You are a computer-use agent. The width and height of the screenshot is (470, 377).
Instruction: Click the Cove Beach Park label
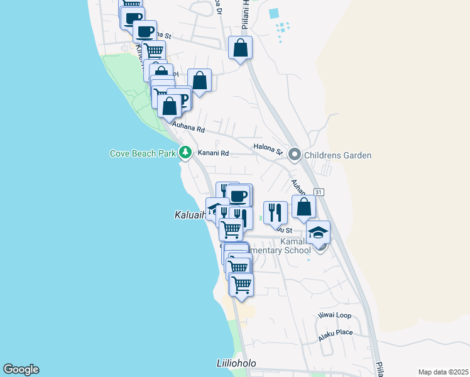(142, 153)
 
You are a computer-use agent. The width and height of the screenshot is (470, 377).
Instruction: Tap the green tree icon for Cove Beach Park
(185, 152)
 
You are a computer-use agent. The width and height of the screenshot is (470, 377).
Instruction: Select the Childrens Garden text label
(337, 155)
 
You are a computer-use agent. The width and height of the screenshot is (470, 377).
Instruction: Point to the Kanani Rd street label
(213, 153)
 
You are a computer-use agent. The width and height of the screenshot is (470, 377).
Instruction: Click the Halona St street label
(268, 148)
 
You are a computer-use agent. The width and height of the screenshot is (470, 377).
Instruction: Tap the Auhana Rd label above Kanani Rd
(191, 129)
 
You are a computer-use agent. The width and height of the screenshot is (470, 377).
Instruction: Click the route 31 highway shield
(319, 192)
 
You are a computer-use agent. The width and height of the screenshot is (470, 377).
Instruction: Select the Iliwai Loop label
(335, 315)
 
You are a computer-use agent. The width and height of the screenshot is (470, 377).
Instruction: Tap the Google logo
(21, 369)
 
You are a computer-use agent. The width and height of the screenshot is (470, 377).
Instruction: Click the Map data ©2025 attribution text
(442, 372)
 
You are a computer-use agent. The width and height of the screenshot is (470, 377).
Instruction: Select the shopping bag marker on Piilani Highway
(240, 48)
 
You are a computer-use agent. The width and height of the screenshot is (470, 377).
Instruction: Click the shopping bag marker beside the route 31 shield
(303, 207)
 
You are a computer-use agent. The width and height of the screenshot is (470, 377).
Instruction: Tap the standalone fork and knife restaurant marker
(275, 213)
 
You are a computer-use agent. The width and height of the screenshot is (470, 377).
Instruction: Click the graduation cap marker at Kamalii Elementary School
(319, 232)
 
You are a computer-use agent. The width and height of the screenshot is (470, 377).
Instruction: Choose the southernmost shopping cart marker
(241, 285)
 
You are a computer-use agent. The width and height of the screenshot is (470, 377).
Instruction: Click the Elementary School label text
(280, 250)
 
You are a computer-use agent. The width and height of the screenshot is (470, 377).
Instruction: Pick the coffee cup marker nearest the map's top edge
(133, 18)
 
